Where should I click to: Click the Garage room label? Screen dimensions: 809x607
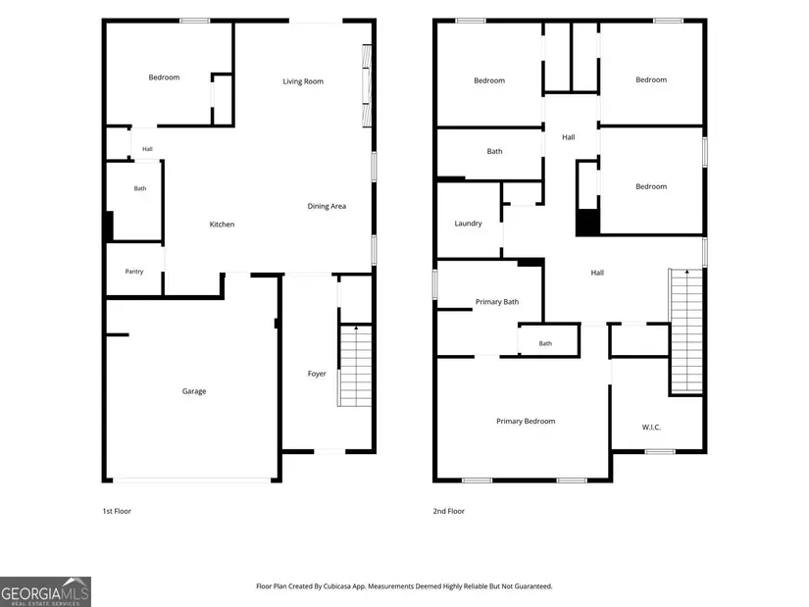click(x=194, y=391)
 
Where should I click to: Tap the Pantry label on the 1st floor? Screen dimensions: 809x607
click(x=134, y=272)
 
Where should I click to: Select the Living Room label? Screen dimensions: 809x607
click(x=303, y=81)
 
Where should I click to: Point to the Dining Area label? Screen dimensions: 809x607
click(x=327, y=207)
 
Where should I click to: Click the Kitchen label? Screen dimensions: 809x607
click(x=222, y=224)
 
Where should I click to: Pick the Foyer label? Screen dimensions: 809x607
click(x=317, y=374)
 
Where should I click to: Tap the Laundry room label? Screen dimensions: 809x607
click(x=468, y=224)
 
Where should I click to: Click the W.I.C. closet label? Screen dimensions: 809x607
click(x=651, y=428)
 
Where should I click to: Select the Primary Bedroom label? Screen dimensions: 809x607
click(x=526, y=422)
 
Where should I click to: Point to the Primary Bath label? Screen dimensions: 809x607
click(x=497, y=302)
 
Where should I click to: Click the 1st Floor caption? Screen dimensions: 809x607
click(x=117, y=511)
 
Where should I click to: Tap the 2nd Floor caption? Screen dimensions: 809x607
click(x=449, y=511)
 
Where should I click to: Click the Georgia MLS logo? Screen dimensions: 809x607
click(x=45, y=591)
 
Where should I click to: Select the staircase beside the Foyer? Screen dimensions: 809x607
click(x=355, y=366)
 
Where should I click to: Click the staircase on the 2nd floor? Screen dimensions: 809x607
click(x=686, y=331)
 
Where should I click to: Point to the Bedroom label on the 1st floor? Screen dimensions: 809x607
click(x=164, y=77)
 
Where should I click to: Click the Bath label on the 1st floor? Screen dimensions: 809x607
click(x=140, y=188)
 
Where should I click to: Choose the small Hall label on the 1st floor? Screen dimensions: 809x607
click(x=147, y=149)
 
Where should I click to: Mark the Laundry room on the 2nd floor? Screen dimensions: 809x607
click(x=469, y=220)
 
